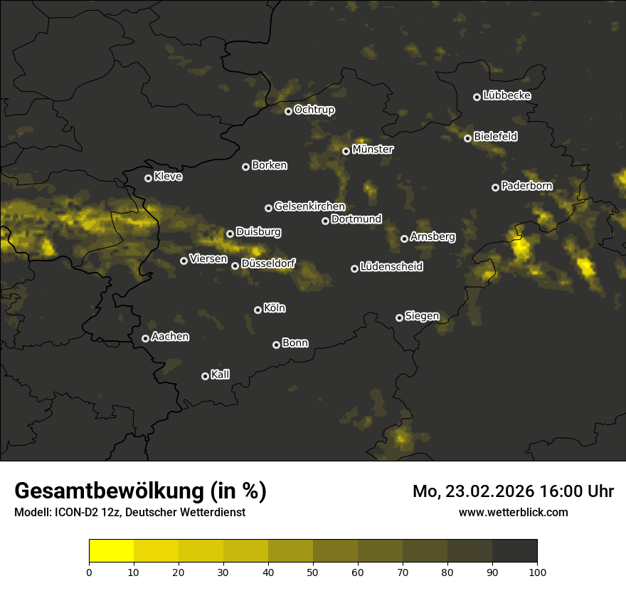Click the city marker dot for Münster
(346, 151)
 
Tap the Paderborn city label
(526, 186)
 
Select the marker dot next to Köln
(258, 310)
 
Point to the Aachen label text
(170, 336)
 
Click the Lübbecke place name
(506, 95)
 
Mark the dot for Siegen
(399, 318)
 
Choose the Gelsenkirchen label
(309, 206)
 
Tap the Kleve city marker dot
(148, 178)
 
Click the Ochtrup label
(314, 110)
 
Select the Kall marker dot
(205, 376)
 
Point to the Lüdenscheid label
(391, 267)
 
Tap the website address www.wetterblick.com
(513, 512)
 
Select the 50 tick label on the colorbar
(313, 572)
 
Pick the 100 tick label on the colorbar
(537, 572)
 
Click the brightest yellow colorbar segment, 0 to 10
(111, 551)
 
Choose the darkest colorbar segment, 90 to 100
(514, 551)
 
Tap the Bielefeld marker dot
(467, 138)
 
